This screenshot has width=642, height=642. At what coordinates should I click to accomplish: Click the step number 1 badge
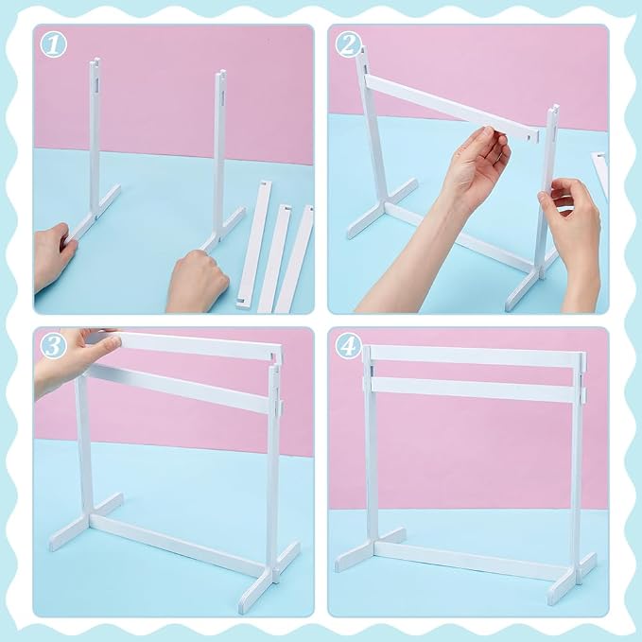[54, 44]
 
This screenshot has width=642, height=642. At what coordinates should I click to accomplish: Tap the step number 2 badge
[348, 44]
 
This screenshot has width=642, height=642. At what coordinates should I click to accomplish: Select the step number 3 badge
[54, 346]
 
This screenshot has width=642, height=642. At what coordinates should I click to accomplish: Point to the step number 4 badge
[349, 346]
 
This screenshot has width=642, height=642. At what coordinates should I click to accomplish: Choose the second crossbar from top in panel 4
[475, 390]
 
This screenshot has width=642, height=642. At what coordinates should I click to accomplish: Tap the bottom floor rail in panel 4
[475, 560]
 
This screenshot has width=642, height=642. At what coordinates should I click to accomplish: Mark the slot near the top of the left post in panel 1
[96, 85]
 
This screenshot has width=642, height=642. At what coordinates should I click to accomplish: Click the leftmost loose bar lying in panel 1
[254, 244]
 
